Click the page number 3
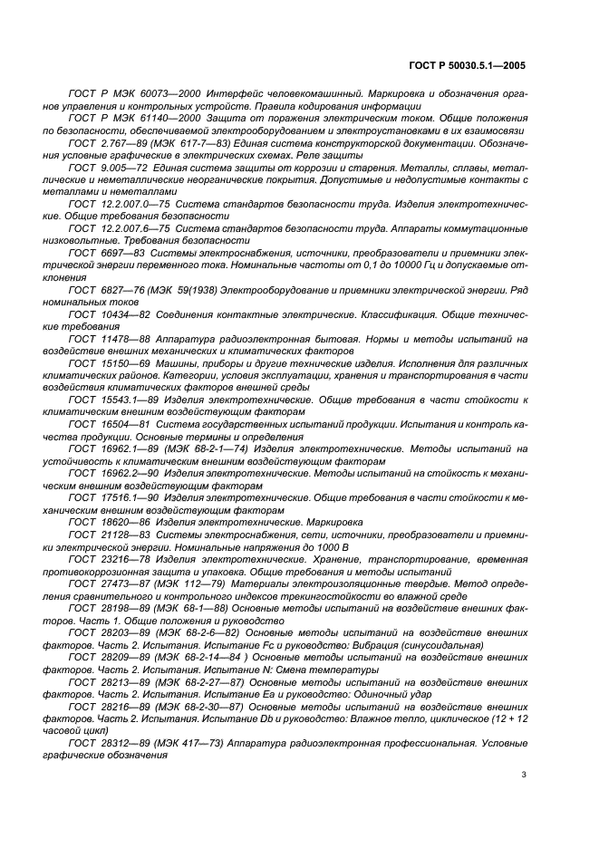coord(524,775)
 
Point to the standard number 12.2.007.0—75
coord(132,207)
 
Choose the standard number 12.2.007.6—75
coord(132,233)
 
